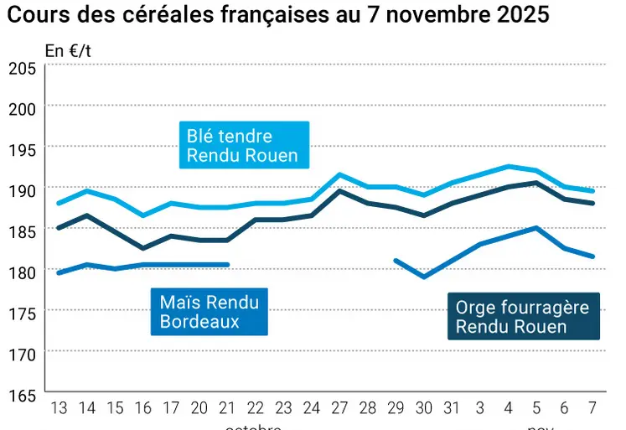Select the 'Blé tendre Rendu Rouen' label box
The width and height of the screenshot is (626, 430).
[x=242, y=146]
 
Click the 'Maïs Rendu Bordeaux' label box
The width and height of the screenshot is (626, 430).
[x=209, y=312]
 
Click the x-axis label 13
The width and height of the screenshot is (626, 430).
[x=59, y=408]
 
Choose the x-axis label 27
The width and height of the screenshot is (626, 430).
[x=339, y=408]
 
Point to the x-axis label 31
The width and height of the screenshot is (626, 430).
[x=451, y=408]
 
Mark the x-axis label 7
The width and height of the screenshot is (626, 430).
[x=592, y=408]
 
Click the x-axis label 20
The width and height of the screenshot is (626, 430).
[x=199, y=408]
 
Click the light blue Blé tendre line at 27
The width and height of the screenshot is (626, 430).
[x=339, y=174]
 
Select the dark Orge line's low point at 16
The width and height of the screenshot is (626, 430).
[x=142, y=248]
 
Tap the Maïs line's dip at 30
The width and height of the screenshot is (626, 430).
[x=423, y=277]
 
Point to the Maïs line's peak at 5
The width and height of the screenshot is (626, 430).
[x=536, y=227]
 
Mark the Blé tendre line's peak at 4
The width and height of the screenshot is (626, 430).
[x=508, y=166]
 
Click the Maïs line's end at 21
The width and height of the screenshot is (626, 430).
[x=227, y=265]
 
